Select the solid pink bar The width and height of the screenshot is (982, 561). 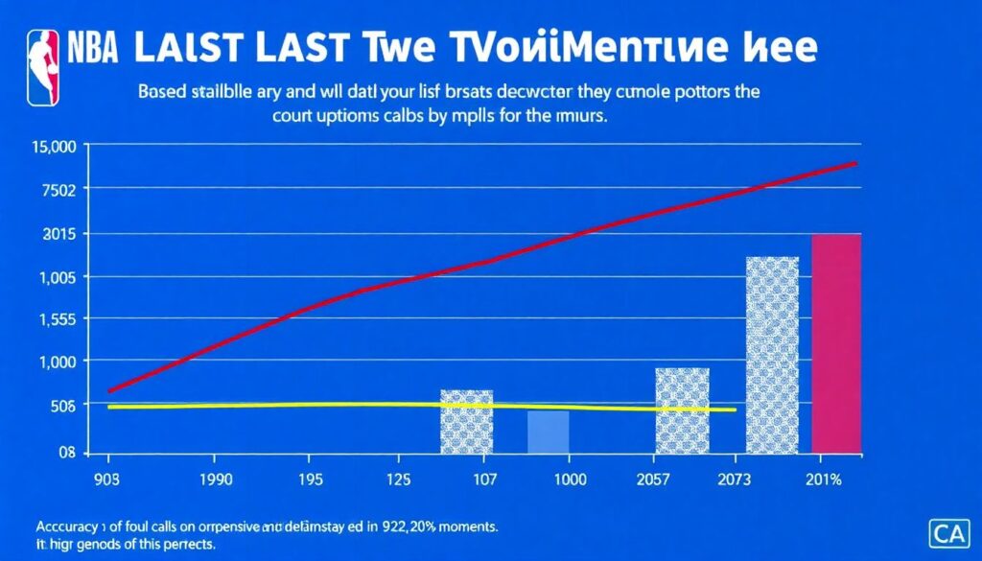836,342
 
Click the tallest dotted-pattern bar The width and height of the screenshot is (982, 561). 772,354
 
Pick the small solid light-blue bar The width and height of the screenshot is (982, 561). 548,432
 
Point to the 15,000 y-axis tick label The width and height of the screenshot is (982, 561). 55,146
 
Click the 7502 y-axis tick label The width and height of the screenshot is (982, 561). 60,189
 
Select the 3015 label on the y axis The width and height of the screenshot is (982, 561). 60,234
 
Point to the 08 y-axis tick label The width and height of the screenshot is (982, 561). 65,452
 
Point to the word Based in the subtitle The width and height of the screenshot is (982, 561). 164,94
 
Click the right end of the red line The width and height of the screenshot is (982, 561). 855,164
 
